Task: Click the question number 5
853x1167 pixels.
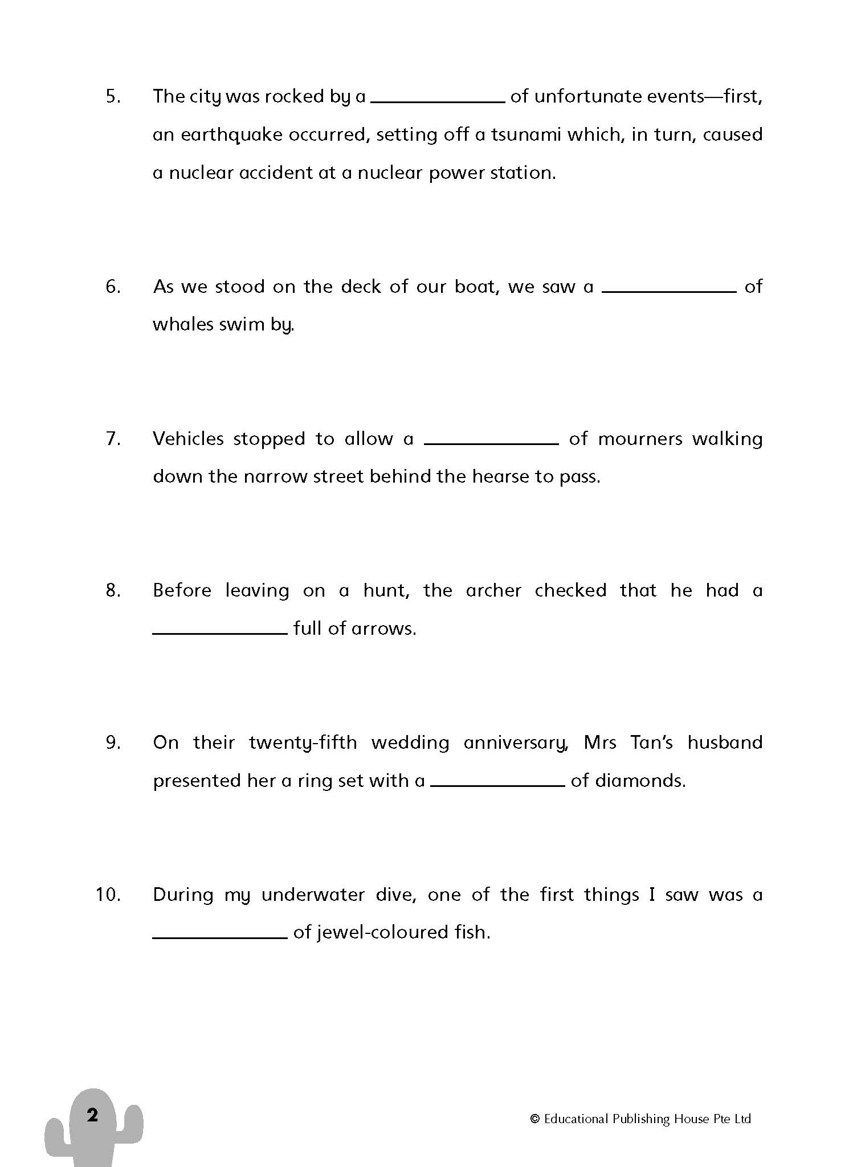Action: (x=113, y=96)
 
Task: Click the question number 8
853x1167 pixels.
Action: (x=113, y=590)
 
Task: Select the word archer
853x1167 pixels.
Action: (x=493, y=590)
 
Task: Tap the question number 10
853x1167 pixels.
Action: (x=108, y=895)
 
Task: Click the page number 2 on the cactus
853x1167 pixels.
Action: (x=92, y=1115)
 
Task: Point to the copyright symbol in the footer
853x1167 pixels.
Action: (x=534, y=1119)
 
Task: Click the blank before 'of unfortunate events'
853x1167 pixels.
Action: (x=438, y=100)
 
